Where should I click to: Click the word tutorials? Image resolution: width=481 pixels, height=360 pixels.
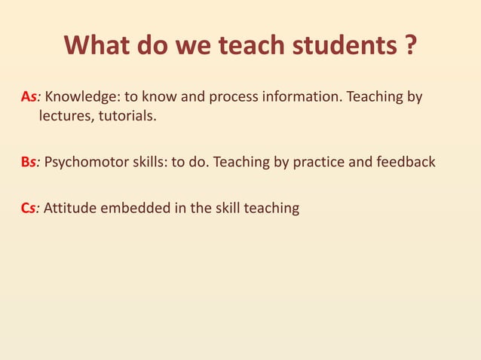(x=129, y=117)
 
